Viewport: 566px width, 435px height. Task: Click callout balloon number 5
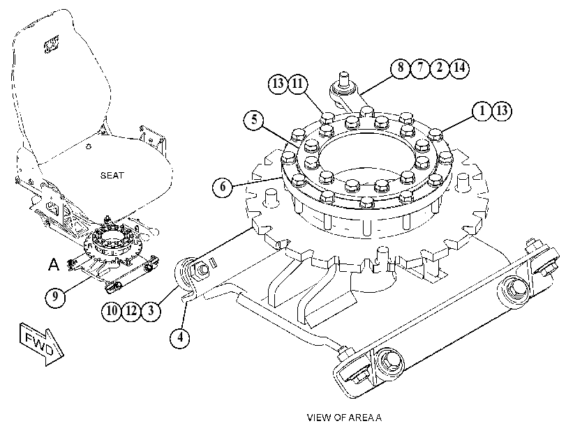pos(254,120)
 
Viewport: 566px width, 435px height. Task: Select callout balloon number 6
pos(223,187)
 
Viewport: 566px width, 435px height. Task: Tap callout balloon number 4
pos(180,337)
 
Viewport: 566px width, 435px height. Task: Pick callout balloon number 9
pos(55,297)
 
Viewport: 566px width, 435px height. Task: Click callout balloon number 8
pos(401,68)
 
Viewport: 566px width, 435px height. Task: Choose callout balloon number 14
pos(459,68)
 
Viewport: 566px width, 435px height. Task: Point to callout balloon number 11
pos(297,84)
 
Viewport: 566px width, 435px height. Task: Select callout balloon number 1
pos(482,111)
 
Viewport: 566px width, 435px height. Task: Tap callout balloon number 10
pos(112,310)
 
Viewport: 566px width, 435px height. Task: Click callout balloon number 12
pos(131,310)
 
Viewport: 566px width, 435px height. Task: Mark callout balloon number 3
pos(151,310)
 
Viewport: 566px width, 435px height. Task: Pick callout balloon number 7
pos(420,68)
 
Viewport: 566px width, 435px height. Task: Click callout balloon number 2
pos(440,68)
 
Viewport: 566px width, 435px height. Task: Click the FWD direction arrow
pos(41,344)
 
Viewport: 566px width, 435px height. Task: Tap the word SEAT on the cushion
pos(112,176)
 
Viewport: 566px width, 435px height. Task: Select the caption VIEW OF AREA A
pos(344,418)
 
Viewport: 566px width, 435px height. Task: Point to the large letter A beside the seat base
pos(54,264)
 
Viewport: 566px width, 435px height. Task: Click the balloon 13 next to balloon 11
pos(278,84)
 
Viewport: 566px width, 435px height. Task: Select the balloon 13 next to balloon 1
pos(502,111)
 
